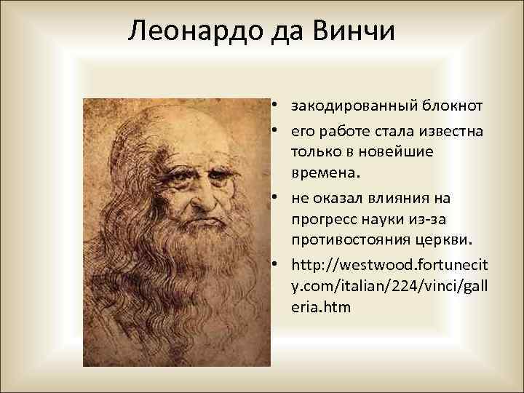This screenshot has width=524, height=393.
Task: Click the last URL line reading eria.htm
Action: pos(321,307)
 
